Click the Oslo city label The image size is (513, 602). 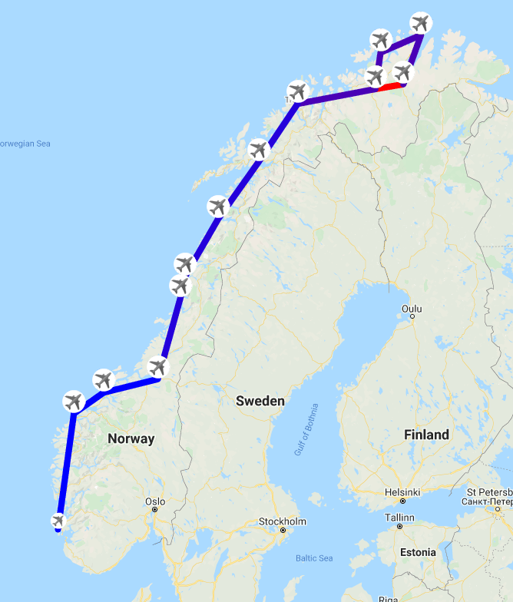pos(154,501)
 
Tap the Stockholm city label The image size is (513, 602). pos(282,521)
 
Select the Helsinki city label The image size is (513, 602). pos(402,492)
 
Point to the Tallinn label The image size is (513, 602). pos(400,518)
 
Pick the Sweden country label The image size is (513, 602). pos(260,401)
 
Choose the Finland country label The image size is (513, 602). pos(426,435)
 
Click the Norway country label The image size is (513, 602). pos(131,439)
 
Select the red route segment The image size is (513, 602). pos(390,85)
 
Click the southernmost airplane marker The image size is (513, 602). pos(58,521)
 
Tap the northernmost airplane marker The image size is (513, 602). pos(420,21)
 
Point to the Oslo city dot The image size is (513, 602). pos(154,510)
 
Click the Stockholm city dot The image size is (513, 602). pos(283,530)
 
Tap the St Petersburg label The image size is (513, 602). pos(490,496)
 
